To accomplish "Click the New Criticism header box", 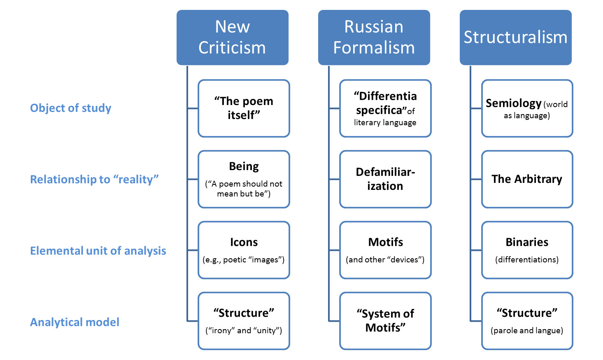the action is tap(232, 37).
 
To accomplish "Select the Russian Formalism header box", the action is tap(374, 37).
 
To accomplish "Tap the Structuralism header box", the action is tap(515, 37).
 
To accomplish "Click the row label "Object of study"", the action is tap(70, 108).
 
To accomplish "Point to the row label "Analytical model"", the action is tap(75, 322).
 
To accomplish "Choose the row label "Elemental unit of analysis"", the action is tap(98, 250).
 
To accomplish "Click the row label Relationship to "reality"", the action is tap(94, 179).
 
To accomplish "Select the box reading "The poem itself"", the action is tap(244, 108).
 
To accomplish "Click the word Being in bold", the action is tap(244, 166).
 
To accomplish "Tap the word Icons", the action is tap(244, 242).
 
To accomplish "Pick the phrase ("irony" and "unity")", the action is tap(244, 330).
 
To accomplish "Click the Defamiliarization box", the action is tap(386, 179).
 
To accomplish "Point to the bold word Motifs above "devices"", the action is tap(386, 242).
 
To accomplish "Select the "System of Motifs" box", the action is tap(386, 321).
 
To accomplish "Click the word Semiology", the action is tap(513, 103).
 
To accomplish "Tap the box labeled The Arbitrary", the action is tap(527, 179).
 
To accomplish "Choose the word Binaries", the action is tap(527, 242).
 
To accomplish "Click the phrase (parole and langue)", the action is tap(527, 330).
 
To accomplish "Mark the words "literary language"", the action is tap(385, 123).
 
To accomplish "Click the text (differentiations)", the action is tap(527, 259).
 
